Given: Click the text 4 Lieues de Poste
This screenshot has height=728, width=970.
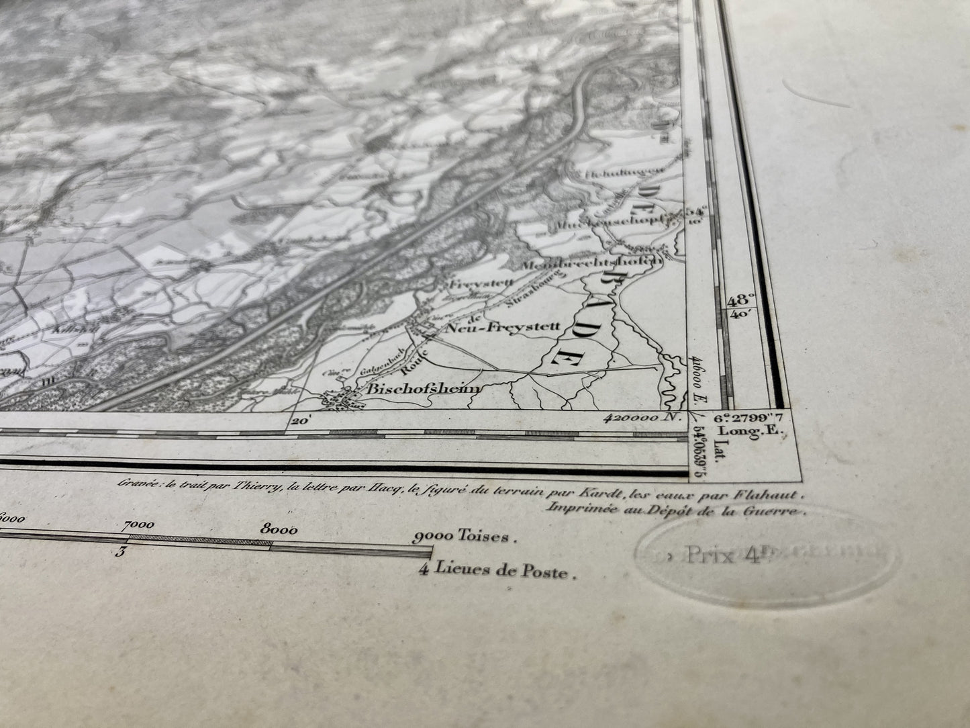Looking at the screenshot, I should click(497, 572).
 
